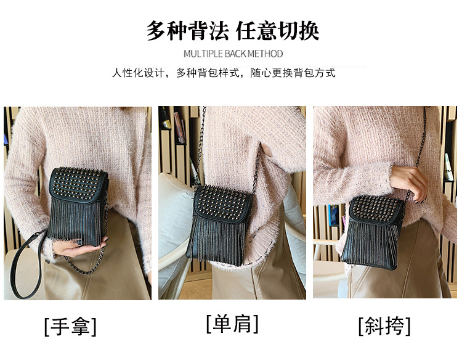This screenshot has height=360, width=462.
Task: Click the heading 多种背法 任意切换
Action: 232,30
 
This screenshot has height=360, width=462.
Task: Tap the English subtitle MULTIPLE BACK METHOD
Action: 233,54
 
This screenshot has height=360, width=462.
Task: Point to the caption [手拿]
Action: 70,325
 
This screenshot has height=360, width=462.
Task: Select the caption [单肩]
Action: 232,323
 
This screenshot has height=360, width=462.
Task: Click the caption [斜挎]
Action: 384,325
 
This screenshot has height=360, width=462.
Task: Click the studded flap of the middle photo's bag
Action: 224,200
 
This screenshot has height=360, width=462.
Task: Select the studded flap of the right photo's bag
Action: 377,210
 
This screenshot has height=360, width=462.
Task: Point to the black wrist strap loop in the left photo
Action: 28,265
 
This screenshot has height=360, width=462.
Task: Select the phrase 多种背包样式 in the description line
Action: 209,73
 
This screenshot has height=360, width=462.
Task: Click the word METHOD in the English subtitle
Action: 266,54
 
